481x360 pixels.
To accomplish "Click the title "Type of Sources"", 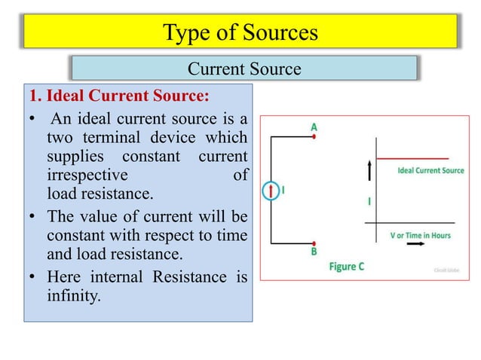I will click(x=240, y=32).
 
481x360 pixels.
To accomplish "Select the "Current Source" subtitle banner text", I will click(x=244, y=69).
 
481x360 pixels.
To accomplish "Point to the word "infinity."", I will click(x=72, y=295).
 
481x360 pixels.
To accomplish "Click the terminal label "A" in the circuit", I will click(x=314, y=128).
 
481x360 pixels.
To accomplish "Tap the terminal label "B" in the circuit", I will click(x=314, y=252).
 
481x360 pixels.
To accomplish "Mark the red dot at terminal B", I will click(x=314, y=243).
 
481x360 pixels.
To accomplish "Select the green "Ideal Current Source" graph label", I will click(x=430, y=171).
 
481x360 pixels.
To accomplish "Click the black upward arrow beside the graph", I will click(x=369, y=172).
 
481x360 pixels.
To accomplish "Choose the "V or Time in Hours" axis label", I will click(x=419, y=235).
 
